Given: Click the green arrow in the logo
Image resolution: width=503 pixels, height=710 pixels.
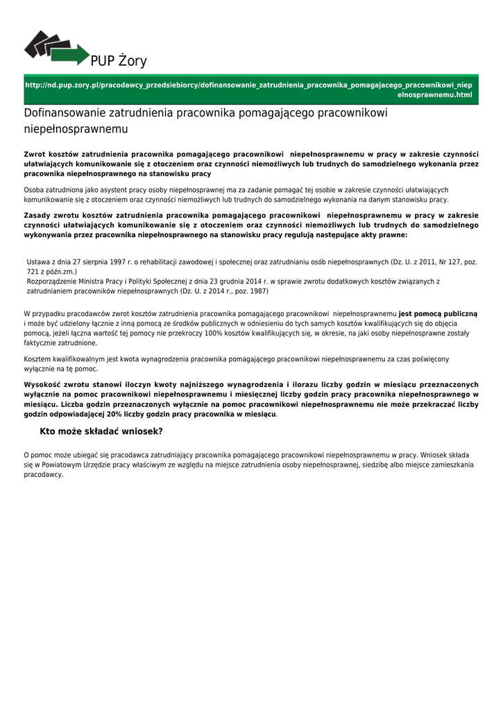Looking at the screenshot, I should click(76, 54).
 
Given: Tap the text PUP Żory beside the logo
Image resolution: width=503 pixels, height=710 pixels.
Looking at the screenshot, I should click(119, 62).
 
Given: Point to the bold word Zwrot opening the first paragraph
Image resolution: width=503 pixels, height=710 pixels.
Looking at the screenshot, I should click(35, 154).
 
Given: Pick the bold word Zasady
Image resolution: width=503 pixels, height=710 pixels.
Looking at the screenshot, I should click(38, 215).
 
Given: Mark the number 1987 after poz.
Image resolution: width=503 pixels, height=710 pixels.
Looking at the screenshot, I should click(258, 291).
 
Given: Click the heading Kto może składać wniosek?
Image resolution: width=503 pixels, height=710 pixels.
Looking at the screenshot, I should click(101, 431).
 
